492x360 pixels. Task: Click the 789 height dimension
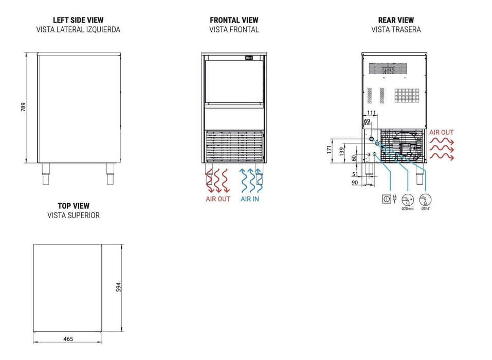[23, 107]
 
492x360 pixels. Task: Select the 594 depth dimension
[119, 287]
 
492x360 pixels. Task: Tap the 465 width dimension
[68, 339]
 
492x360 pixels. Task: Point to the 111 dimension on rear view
[372, 113]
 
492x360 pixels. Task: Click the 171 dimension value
[329, 149]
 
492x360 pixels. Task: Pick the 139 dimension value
[342, 152]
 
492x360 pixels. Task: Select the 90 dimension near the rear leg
[355, 183]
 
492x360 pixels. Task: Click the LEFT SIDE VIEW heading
[78, 20]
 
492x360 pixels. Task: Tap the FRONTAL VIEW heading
[234, 20]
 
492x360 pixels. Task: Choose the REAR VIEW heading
[396, 20]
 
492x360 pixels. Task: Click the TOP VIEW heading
[74, 206]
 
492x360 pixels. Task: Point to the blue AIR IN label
[250, 199]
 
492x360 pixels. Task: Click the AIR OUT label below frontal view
[218, 199]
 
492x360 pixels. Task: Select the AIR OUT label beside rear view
[442, 133]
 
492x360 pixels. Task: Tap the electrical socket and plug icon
[389, 199]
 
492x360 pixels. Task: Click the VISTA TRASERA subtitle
[396, 30]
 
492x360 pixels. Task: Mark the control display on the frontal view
[249, 58]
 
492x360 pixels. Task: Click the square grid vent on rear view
[407, 96]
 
